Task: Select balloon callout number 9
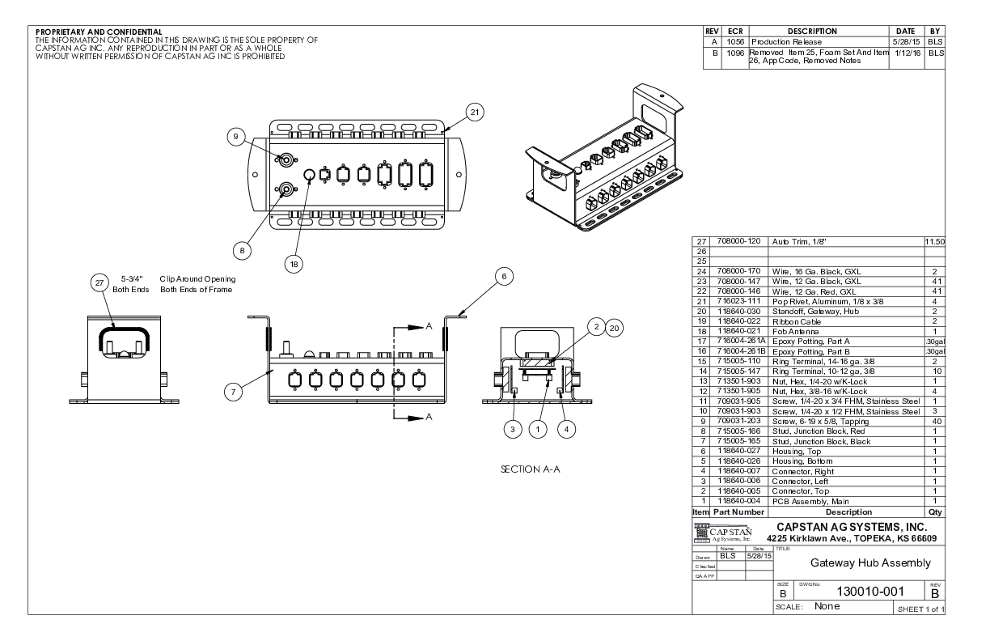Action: [x=235, y=138]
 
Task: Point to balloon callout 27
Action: [x=99, y=282]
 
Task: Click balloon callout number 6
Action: [x=503, y=277]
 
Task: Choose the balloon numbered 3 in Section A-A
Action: [x=511, y=429]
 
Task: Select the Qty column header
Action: [x=934, y=512]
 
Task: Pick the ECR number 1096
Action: [x=735, y=53]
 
